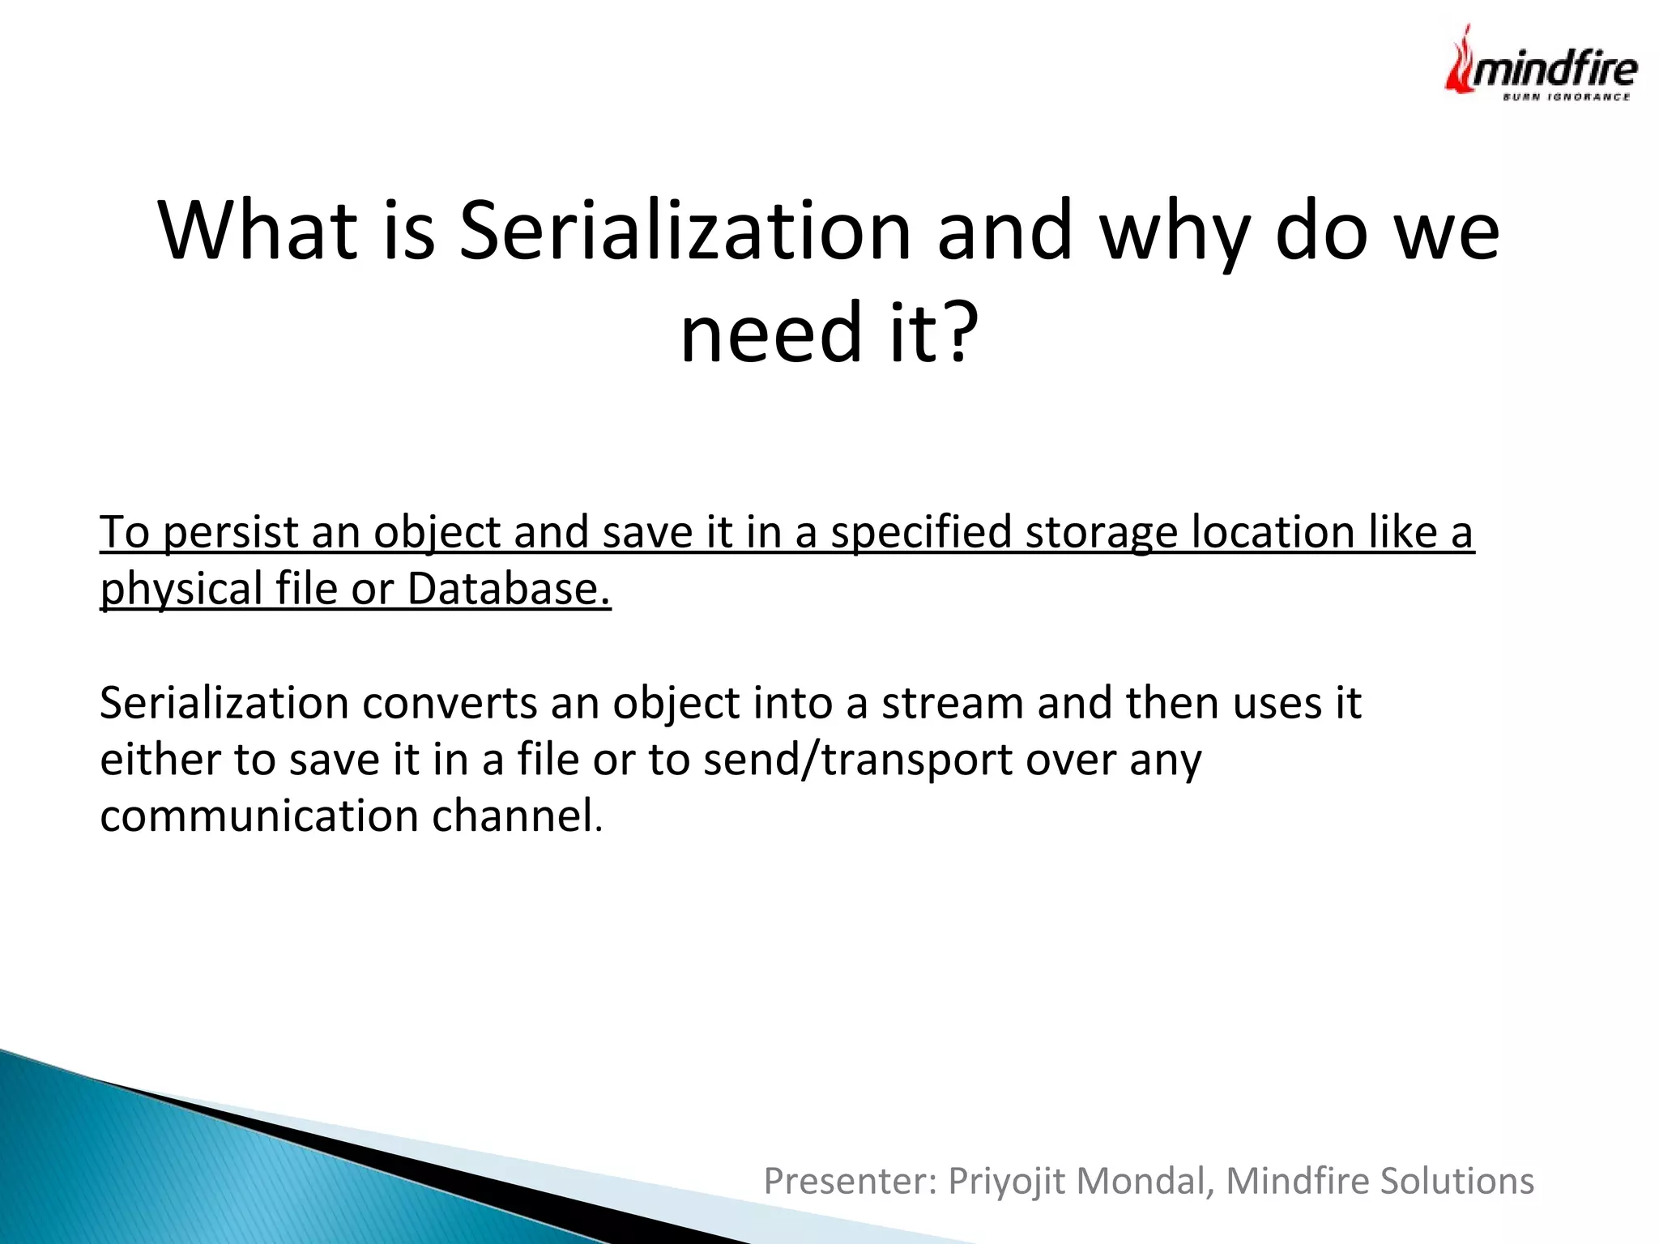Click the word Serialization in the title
(x=685, y=231)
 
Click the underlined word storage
(x=1101, y=534)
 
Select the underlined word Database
(x=508, y=590)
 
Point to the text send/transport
(x=858, y=760)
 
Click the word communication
(x=259, y=816)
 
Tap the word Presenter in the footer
(x=850, y=1181)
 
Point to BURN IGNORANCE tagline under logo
(x=1566, y=97)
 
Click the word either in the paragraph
(x=160, y=760)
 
